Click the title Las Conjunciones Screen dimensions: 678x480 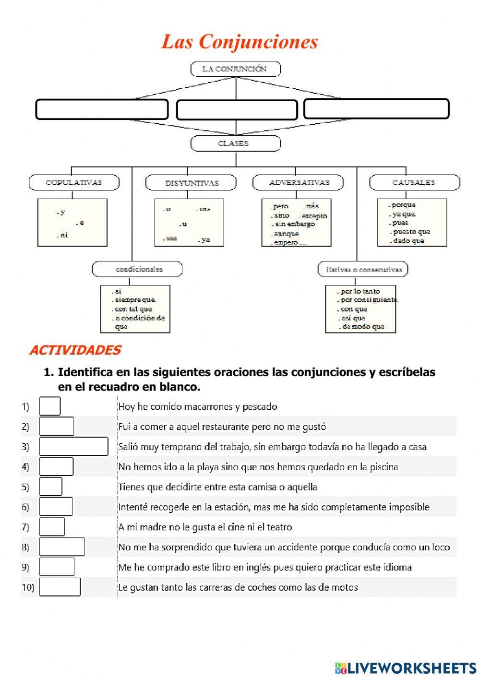point(240,42)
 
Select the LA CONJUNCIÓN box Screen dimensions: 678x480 point(235,69)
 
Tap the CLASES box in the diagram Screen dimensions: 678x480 point(235,143)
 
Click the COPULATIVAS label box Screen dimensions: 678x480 point(74,183)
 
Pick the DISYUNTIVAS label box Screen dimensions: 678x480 point(191,183)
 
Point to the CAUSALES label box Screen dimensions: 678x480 point(414,183)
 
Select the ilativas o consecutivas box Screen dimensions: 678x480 point(363,269)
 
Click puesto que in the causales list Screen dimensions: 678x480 point(411,232)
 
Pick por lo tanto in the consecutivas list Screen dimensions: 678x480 point(360,291)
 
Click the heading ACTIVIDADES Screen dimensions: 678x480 point(75,350)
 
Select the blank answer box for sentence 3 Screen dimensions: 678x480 point(74,446)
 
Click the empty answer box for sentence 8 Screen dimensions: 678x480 point(62,547)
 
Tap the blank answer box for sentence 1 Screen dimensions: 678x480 point(50,406)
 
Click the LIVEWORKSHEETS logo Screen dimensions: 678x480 point(406,667)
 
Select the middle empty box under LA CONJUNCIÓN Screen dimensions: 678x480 point(237,110)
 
